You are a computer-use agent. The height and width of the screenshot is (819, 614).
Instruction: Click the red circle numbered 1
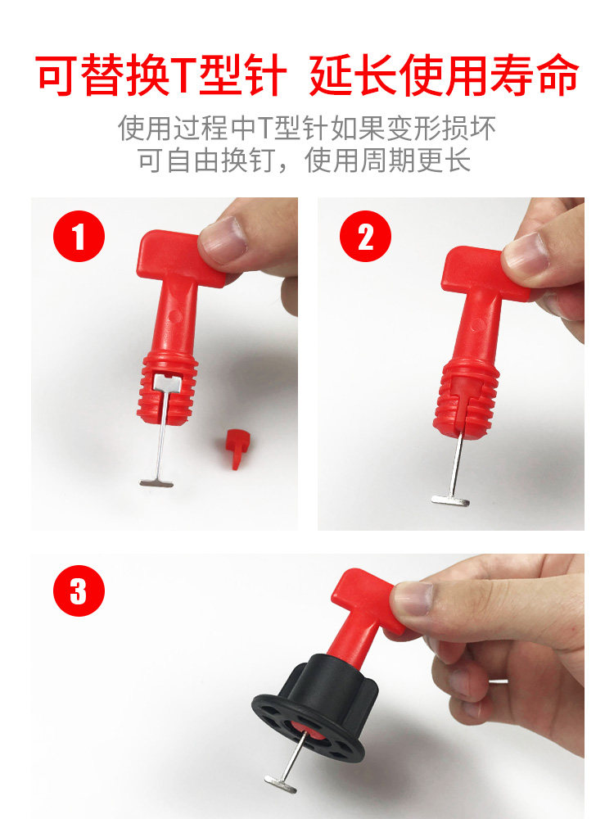coord(79,236)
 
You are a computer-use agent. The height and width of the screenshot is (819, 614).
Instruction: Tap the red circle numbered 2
coord(365,236)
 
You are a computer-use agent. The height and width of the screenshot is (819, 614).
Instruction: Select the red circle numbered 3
coord(79,591)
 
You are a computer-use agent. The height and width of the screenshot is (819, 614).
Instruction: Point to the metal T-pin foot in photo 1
coord(156,484)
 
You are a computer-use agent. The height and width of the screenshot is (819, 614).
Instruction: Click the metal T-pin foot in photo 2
coord(450,501)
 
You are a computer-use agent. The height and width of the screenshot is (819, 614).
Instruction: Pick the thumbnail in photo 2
coord(524,255)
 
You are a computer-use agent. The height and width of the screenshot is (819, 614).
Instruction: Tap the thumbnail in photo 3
coord(413,599)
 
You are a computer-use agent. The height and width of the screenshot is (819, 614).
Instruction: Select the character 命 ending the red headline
coord(557,76)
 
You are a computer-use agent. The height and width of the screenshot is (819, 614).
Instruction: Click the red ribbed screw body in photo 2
coord(466,398)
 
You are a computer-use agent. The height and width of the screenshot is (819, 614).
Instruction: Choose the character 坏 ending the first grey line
coord(482,128)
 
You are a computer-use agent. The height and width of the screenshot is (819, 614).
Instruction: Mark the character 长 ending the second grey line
coord(457,160)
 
